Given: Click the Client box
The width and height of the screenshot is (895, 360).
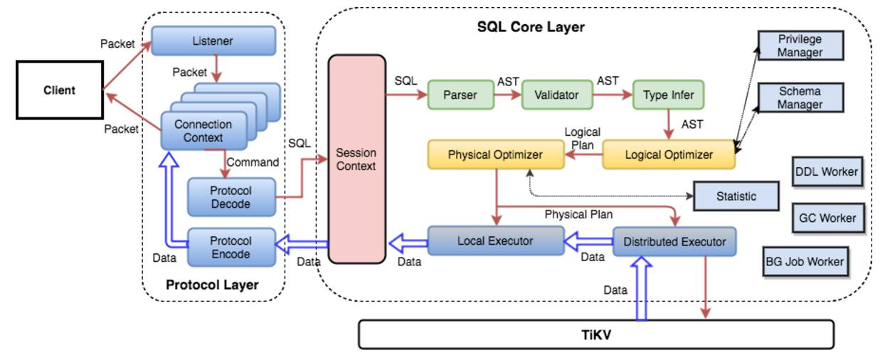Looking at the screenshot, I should point(59,90).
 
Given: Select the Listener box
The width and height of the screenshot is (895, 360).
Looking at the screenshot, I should point(213,41).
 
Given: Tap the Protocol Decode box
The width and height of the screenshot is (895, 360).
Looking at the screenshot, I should point(231,197).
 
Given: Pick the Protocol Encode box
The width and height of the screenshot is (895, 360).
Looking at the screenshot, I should point(231,247).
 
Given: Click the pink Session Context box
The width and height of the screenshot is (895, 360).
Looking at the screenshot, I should point(356,159).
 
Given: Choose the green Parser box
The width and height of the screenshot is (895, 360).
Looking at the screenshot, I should point(460,95).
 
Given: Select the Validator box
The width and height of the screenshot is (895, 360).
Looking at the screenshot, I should point(556,95).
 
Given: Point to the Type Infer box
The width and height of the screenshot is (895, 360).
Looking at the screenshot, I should point(667,95).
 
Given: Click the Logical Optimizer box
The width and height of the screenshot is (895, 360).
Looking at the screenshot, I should point(668,154).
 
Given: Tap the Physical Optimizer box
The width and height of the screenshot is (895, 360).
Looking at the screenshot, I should point(495,154).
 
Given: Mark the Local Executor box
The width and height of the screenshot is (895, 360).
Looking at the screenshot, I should point(495,240).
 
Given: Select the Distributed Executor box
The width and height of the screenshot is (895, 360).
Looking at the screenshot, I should point(674,242).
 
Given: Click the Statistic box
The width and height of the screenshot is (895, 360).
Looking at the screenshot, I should point(736,196).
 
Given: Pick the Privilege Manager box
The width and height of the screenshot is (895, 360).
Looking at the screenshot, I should point(800,46).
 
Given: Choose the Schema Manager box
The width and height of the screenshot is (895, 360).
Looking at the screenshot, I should point(800,98).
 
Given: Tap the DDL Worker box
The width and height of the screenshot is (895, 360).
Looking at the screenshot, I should point(825,171).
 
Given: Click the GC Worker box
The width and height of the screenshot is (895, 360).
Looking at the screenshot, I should point(827,218).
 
